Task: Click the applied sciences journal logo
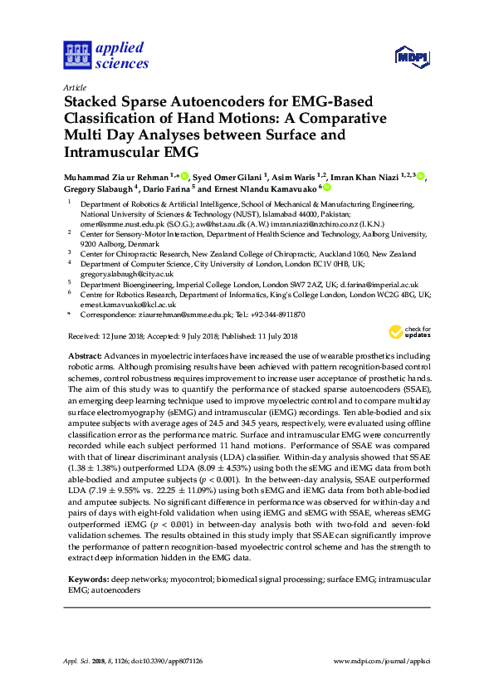click(x=105, y=55)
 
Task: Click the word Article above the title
click(x=74, y=86)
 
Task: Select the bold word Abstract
click(x=85, y=355)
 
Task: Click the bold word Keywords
click(x=87, y=576)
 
